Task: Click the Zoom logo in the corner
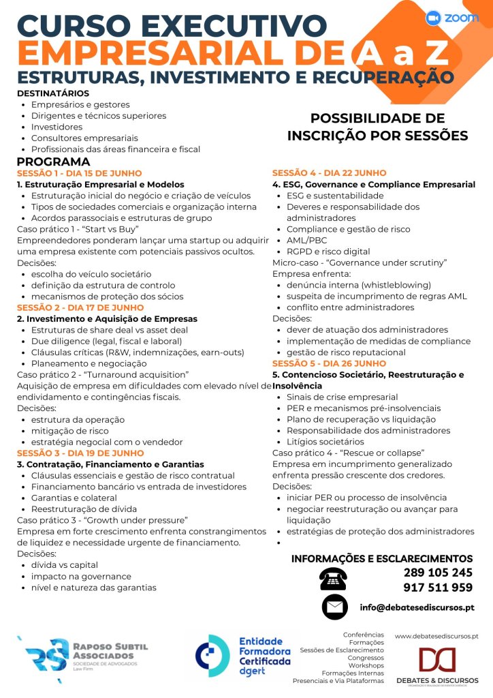click(451, 18)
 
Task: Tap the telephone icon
click(333, 579)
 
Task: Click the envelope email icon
click(334, 607)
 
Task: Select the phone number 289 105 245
click(438, 573)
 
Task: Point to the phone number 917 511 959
click(438, 588)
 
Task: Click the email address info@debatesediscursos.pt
click(417, 607)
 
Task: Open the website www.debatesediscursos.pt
click(437, 635)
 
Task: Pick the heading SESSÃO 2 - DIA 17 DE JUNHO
click(80, 307)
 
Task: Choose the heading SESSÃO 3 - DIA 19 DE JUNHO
click(80, 453)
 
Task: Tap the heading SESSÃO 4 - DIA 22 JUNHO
click(329, 173)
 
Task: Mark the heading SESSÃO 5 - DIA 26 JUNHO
click(329, 363)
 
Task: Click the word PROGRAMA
click(53, 162)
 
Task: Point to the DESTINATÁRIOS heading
click(52, 93)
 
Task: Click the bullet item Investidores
click(57, 127)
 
